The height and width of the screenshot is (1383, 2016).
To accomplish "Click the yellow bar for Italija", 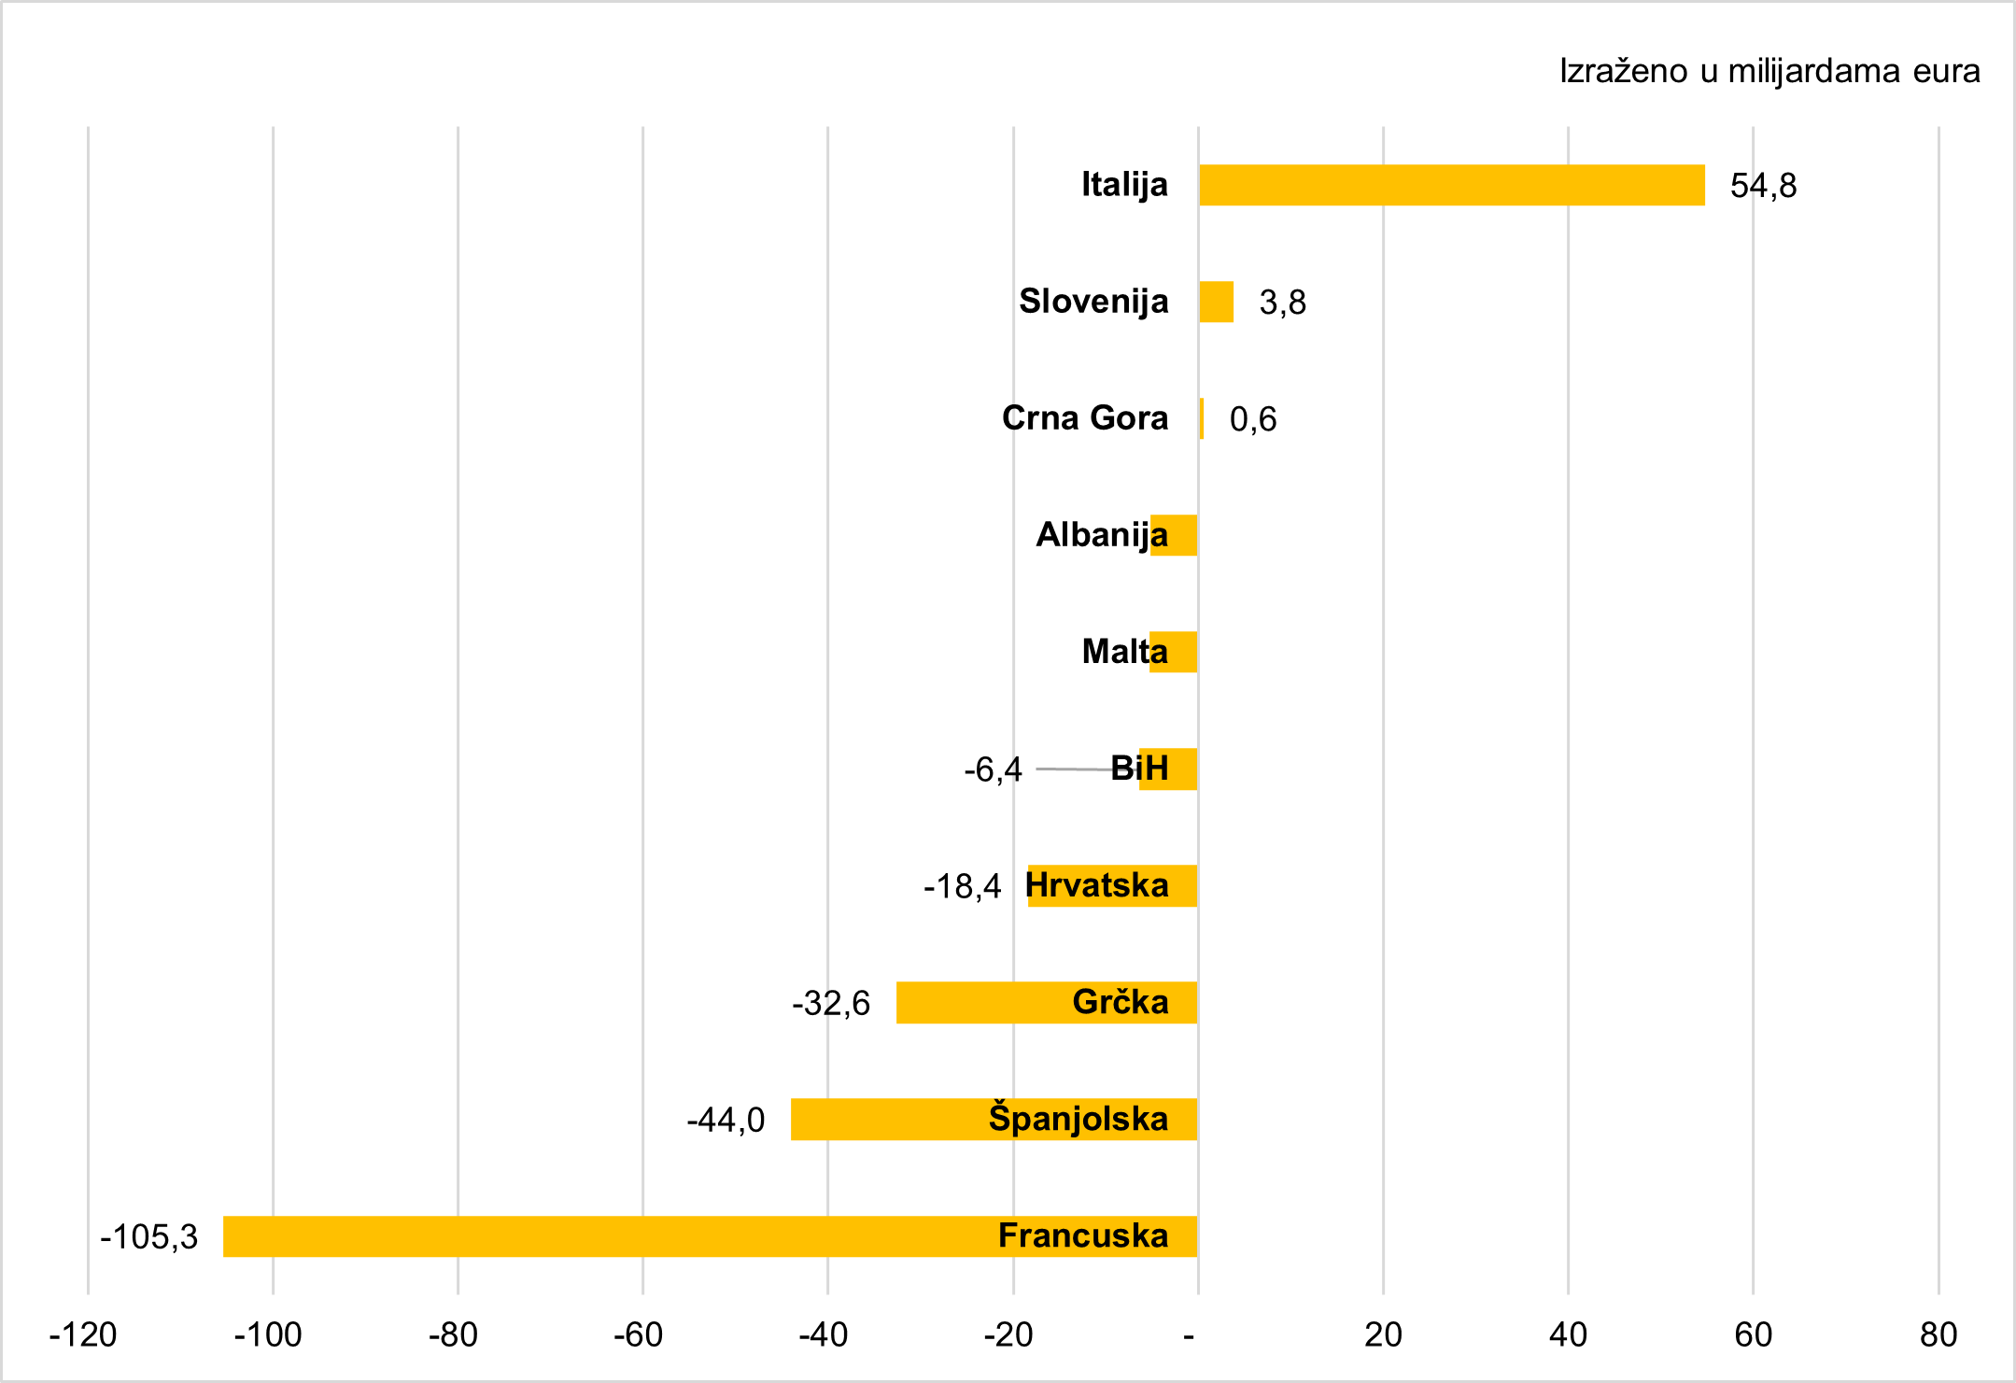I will click(x=1451, y=185).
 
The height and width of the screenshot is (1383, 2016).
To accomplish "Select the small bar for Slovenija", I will click(x=1216, y=302).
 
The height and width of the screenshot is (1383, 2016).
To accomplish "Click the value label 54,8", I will click(x=1763, y=186).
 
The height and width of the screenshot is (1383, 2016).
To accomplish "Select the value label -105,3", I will click(x=149, y=1236).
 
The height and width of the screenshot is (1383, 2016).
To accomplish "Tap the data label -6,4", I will click(x=993, y=769).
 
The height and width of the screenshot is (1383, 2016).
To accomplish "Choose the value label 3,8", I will click(x=1282, y=303).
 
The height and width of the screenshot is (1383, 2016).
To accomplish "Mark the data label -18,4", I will click(x=962, y=886).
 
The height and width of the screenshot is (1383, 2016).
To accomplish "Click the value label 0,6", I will click(x=1252, y=419).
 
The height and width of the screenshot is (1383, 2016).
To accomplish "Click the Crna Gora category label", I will click(x=1084, y=417).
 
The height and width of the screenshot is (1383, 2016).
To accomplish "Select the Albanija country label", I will click(x=1101, y=534).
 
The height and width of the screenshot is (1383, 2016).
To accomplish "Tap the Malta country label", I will click(x=1124, y=651).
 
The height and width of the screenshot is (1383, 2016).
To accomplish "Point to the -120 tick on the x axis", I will click(x=83, y=1334).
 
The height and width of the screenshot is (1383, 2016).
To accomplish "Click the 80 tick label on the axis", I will click(x=1938, y=1334).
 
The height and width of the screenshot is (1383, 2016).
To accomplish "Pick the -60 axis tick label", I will click(x=639, y=1334).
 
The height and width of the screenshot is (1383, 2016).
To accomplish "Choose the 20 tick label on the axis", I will click(x=1383, y=1334).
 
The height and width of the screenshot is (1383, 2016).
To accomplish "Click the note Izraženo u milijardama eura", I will click(x=1769, y=71).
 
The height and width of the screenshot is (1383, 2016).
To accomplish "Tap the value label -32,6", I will click(x=831, y=1003).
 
